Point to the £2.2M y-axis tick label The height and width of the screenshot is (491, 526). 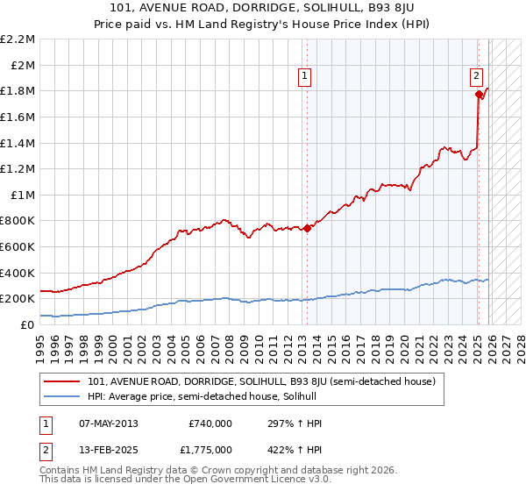(18, 39)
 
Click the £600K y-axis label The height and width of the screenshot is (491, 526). (18, 246)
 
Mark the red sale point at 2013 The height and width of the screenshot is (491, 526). (307, 229)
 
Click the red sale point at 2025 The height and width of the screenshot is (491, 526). (479, 94)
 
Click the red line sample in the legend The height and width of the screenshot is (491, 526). (63, 381)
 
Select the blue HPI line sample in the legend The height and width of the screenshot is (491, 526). (63, 396)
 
